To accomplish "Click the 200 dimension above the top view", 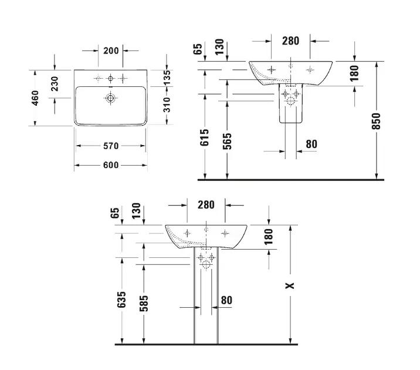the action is (111, 51).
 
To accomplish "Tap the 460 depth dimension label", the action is (35, 98).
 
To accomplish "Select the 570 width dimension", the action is (111, 146).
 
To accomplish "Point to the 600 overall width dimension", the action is (111, 165).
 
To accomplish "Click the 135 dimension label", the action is (167, 77).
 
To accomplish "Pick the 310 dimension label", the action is (167, 105).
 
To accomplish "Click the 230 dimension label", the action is (55, 83).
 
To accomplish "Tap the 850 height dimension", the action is (377, 121).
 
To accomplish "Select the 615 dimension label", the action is (205, 137).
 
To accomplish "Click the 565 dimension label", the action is (227, 142).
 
